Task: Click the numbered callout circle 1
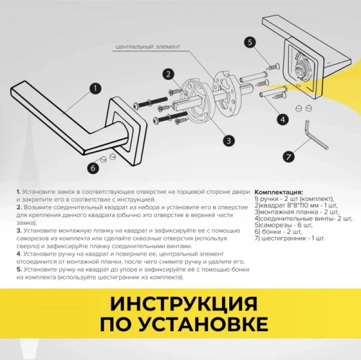pos(94,88)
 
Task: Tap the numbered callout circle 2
pos(169,75)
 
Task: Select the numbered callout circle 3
pos(228,141)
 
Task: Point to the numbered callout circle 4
pos(282,118)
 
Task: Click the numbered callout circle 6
pos(93,168)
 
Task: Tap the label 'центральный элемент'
pos(141,47)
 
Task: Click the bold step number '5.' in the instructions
pos(19,270)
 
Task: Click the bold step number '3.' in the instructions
pos(19,230)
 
